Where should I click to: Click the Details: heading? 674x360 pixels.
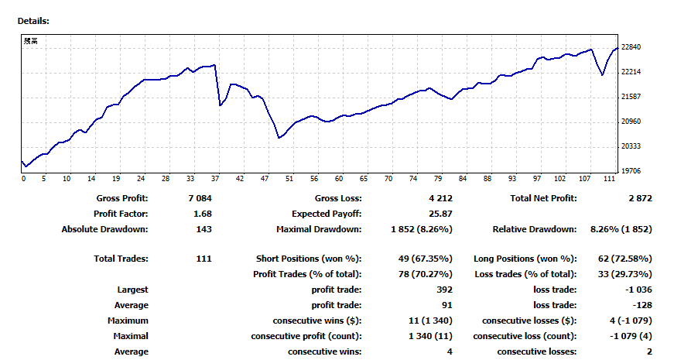[x=33, y=20]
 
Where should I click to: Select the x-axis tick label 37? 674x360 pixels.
[x=215, y=179]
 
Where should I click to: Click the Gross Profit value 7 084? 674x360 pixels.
[x=200, y=198]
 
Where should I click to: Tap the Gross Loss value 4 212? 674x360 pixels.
[x=440, y=198]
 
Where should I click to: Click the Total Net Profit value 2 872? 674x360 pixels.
[x=641, y=198]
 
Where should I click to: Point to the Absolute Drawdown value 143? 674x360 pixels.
[x=204, y=229]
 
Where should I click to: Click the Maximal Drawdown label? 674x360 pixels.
[x=319, y=229]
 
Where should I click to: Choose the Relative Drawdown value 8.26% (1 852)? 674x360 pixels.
[x=621, y=229]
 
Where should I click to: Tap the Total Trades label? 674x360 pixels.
[x=121, y=259]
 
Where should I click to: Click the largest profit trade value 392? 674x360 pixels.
[x=443, y=290]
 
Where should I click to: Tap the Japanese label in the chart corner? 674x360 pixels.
[x=29, y=41]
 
